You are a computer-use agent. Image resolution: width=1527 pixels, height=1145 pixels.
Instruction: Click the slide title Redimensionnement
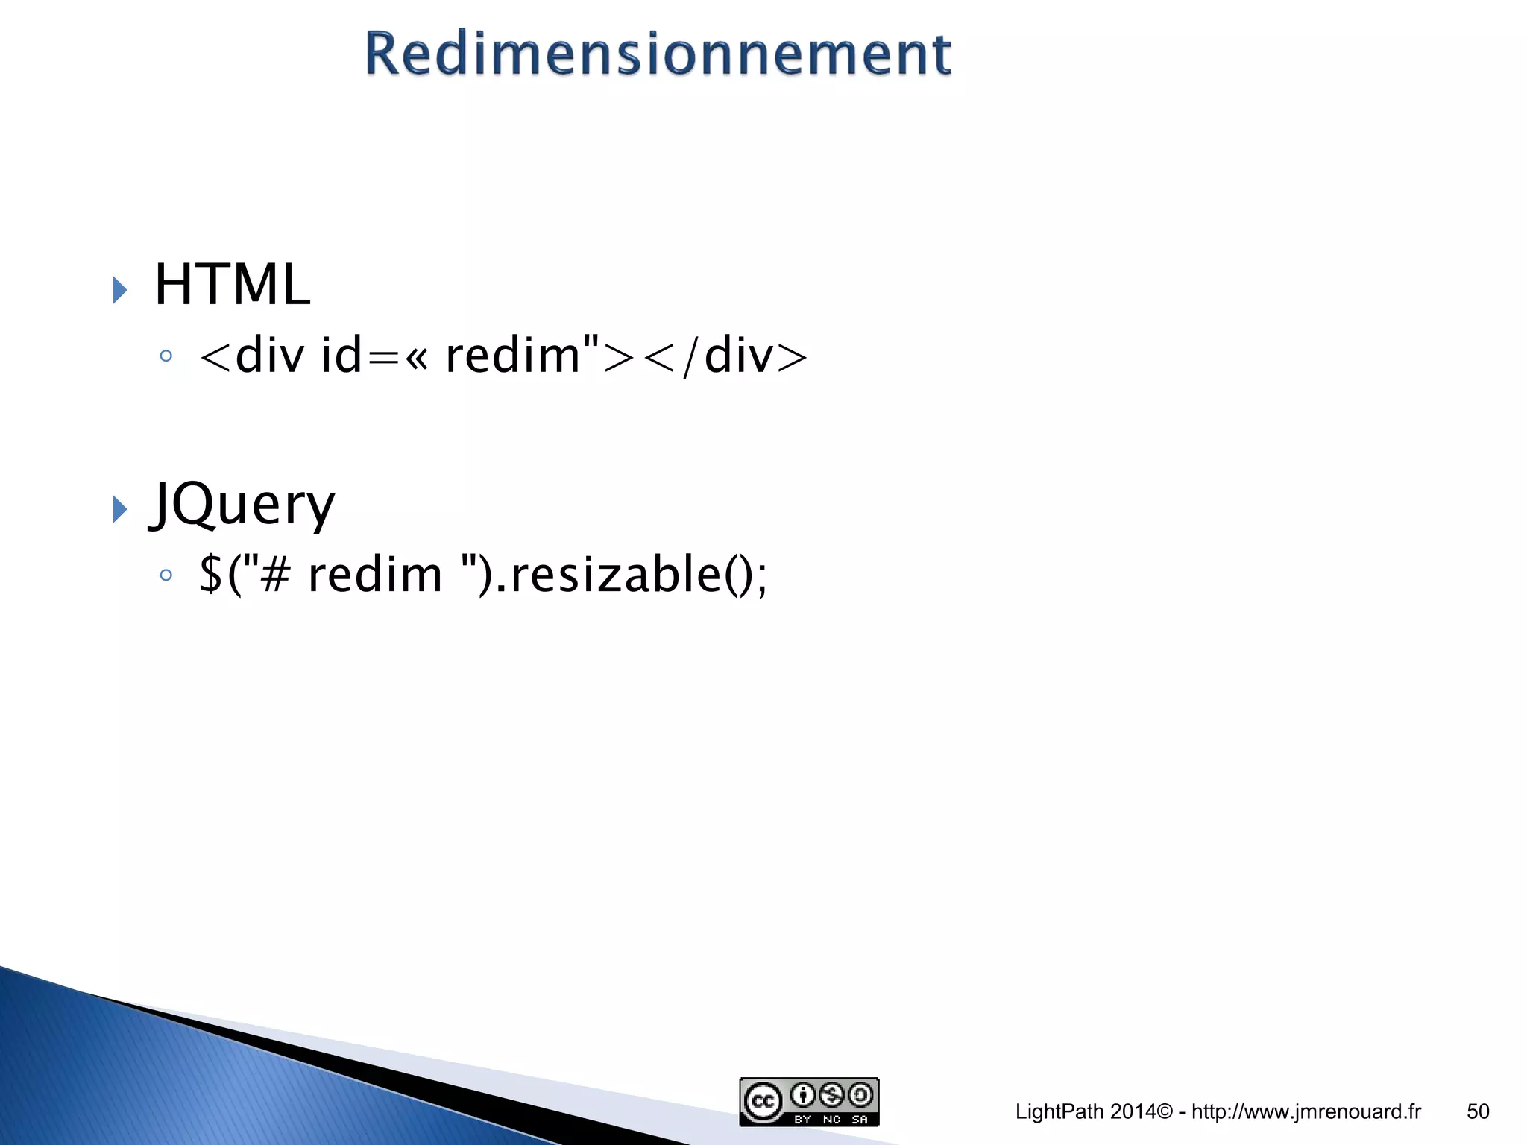pyautogui.click(x=658, y=54)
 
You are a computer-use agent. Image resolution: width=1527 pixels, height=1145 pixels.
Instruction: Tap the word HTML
pyautogui.click(x=232, y=285)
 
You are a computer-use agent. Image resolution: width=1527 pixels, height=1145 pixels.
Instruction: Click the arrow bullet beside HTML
pyautogui.click(x=119, y=289)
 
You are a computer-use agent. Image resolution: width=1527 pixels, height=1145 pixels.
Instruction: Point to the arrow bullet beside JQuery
pyautogui.click(x=119, y=510)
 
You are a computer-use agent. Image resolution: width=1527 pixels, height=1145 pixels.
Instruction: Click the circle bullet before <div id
pyautogui.click(x=166, y=356)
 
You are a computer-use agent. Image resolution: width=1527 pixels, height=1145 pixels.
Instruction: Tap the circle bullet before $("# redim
pyautogui.click(x=166, y=575)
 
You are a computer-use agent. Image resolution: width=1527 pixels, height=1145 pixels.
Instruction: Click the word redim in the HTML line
pyautogui.click(x=512, y=356)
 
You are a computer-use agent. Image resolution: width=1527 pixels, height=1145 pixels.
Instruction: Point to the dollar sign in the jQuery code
pyautogui.click(x=211, y=575)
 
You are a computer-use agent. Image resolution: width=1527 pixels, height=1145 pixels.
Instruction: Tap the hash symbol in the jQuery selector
pyautogui.click(x=275, y=575)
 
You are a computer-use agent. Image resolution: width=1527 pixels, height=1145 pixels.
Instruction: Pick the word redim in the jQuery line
pyautogui.click(x=375, y=575)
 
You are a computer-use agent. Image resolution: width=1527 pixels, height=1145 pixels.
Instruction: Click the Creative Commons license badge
pyautogui.click(x=809, y=1102)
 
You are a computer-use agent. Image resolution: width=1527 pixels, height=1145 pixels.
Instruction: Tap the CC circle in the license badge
pyautogui.click(x=762, y=1102)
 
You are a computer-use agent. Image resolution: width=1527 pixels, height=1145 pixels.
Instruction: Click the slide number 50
pyautogui.click(x=1478, y=1111)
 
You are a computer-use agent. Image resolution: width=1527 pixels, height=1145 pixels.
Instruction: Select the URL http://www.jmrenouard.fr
pyautogui.click(x=1306, y=1111)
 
